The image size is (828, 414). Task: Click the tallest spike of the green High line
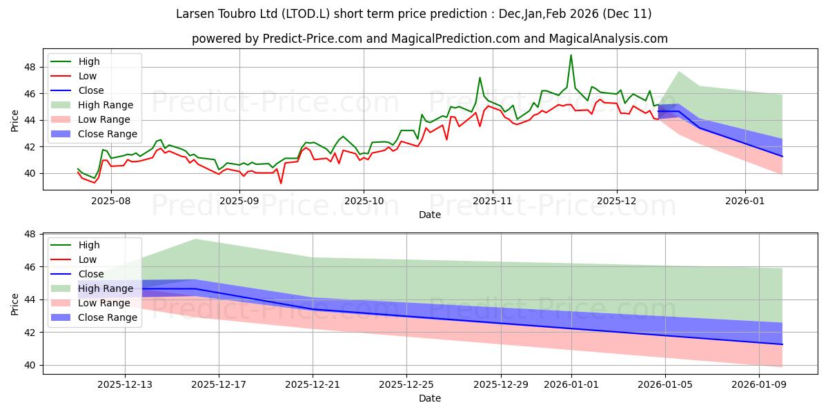571,55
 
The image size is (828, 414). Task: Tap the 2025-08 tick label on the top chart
111,200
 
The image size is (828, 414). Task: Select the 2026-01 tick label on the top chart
745,200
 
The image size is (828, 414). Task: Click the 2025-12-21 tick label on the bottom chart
313,384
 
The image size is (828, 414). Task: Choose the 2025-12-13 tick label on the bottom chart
125,384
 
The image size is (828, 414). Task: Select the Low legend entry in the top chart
88,76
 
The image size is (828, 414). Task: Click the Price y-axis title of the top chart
15,120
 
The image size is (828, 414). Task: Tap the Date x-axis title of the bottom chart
430,398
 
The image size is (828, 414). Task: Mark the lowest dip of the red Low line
281,183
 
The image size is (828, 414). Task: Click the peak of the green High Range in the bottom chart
196,239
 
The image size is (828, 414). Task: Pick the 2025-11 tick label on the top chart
492,200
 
